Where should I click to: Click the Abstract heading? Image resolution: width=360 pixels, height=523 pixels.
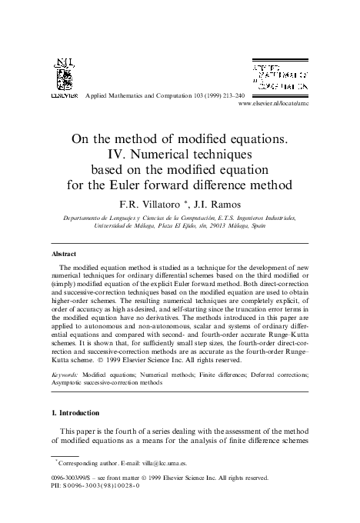point(63,253)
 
